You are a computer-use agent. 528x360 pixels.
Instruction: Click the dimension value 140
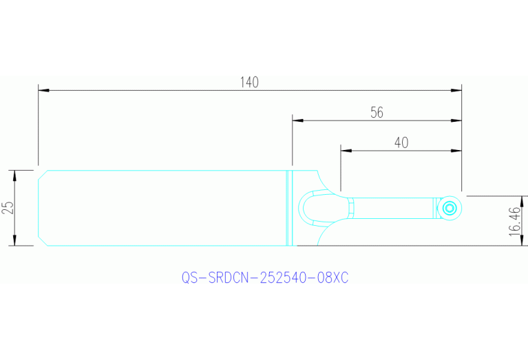pos(249,82)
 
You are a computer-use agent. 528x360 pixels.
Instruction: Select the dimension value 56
pos(377,113)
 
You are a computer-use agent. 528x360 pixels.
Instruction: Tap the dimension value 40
pos(401,142)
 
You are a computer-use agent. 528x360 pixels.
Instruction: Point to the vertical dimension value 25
pos(8,207)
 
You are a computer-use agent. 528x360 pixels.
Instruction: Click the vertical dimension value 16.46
pos(516,221)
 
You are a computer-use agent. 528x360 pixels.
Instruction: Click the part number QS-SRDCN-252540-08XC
pos(265,277)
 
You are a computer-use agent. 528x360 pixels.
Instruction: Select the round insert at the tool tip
pos(450,207)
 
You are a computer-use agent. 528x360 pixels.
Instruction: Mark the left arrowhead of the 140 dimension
pos(43,89)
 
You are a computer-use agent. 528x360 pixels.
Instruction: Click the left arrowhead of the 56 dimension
pos(297,120)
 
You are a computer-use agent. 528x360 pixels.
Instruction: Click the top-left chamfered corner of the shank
pos(42,174)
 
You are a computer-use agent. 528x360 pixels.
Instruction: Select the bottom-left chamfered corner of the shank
pos(42,242)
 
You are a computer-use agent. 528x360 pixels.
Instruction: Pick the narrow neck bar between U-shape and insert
pos(392,207)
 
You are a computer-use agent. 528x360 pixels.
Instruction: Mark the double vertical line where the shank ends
pos(290,207)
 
